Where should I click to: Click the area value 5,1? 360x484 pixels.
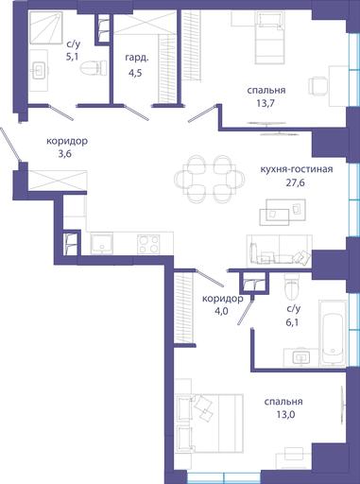[72, 58]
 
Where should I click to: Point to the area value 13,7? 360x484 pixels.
[266, 103]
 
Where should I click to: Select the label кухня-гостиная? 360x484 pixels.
[297, 169]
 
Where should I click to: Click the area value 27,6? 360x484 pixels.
[295, 182]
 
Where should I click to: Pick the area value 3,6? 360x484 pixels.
[66, 154]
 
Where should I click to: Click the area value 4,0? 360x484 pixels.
[221, 311]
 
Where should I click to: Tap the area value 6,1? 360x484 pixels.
[293, 321]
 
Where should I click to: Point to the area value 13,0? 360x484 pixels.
[283, 414]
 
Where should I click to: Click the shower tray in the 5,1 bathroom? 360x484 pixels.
[45, 27]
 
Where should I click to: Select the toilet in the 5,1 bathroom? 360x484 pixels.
[94, 68]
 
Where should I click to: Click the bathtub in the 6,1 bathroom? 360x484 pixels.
[333, 334]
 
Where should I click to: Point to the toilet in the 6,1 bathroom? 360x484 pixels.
[291, 287]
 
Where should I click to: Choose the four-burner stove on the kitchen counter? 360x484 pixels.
[148, 244]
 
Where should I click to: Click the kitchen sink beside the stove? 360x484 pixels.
[102, 244]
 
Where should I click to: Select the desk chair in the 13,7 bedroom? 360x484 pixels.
[317, 85]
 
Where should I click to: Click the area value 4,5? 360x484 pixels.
[135, 74]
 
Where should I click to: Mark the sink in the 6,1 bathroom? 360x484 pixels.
[301, 357]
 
